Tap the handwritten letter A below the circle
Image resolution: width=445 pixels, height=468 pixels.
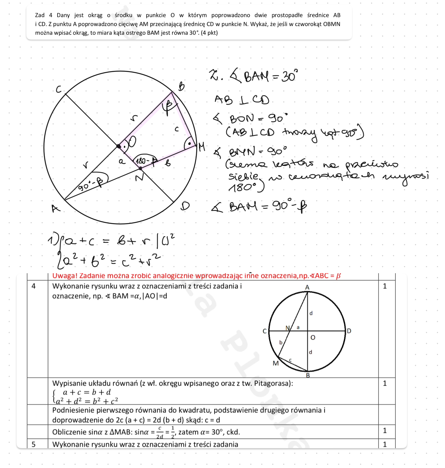56,208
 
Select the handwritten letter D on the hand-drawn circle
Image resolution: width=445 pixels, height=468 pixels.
185,206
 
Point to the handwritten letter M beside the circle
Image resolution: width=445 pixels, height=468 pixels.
201,147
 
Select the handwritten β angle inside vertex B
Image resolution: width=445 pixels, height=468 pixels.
167,107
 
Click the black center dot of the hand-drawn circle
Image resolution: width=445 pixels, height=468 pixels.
119,146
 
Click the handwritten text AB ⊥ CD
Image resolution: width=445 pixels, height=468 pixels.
241,100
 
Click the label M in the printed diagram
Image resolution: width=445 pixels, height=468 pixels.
275,363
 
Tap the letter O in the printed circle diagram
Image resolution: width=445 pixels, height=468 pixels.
313,338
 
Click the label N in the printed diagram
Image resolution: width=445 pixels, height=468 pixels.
287,328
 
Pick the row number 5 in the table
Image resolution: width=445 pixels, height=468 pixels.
34,444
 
